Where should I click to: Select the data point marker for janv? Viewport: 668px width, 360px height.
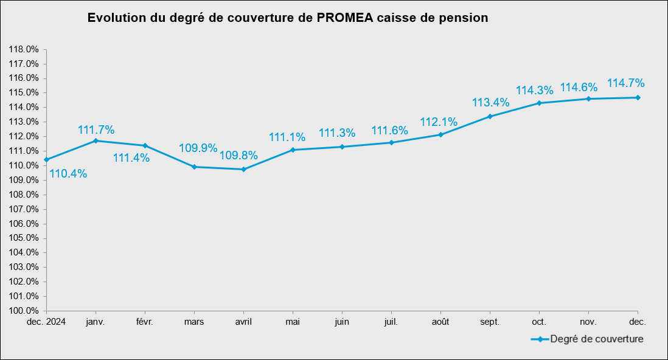[x=96, y=140]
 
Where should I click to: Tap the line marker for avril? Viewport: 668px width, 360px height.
[x=243, y=169]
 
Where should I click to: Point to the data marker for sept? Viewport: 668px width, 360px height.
[x=490, y=116]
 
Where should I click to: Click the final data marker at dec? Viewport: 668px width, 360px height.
[x=638, y=97]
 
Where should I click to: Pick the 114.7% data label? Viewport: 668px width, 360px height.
[x=625, y=83]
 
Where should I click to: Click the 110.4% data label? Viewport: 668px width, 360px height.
[x=68, y=174]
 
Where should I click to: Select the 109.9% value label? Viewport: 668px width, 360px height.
[x=198, y=148]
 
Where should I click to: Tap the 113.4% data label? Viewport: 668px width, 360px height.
[x=491, y=102]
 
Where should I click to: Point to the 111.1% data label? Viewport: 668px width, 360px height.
[x=287, y=138]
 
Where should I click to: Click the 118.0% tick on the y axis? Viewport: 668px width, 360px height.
[x=24, y=49]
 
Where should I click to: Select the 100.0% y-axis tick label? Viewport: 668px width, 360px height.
[x=24, y=311]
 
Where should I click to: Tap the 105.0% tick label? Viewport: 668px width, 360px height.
[x=24, y=238]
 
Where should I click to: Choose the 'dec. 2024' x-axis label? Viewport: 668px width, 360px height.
[x=46, y=322]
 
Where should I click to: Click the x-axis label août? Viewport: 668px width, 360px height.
[x=440, y=322]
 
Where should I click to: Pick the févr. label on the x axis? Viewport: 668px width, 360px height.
[x=145, y=322]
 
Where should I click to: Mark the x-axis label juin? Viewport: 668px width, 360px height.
[x=342, y=322]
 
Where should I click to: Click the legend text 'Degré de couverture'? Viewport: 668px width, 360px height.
[x=596, y=339]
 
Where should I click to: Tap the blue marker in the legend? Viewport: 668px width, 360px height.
[x=538, y=339]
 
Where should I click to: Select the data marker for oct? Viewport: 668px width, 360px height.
[x=539, y=103]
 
